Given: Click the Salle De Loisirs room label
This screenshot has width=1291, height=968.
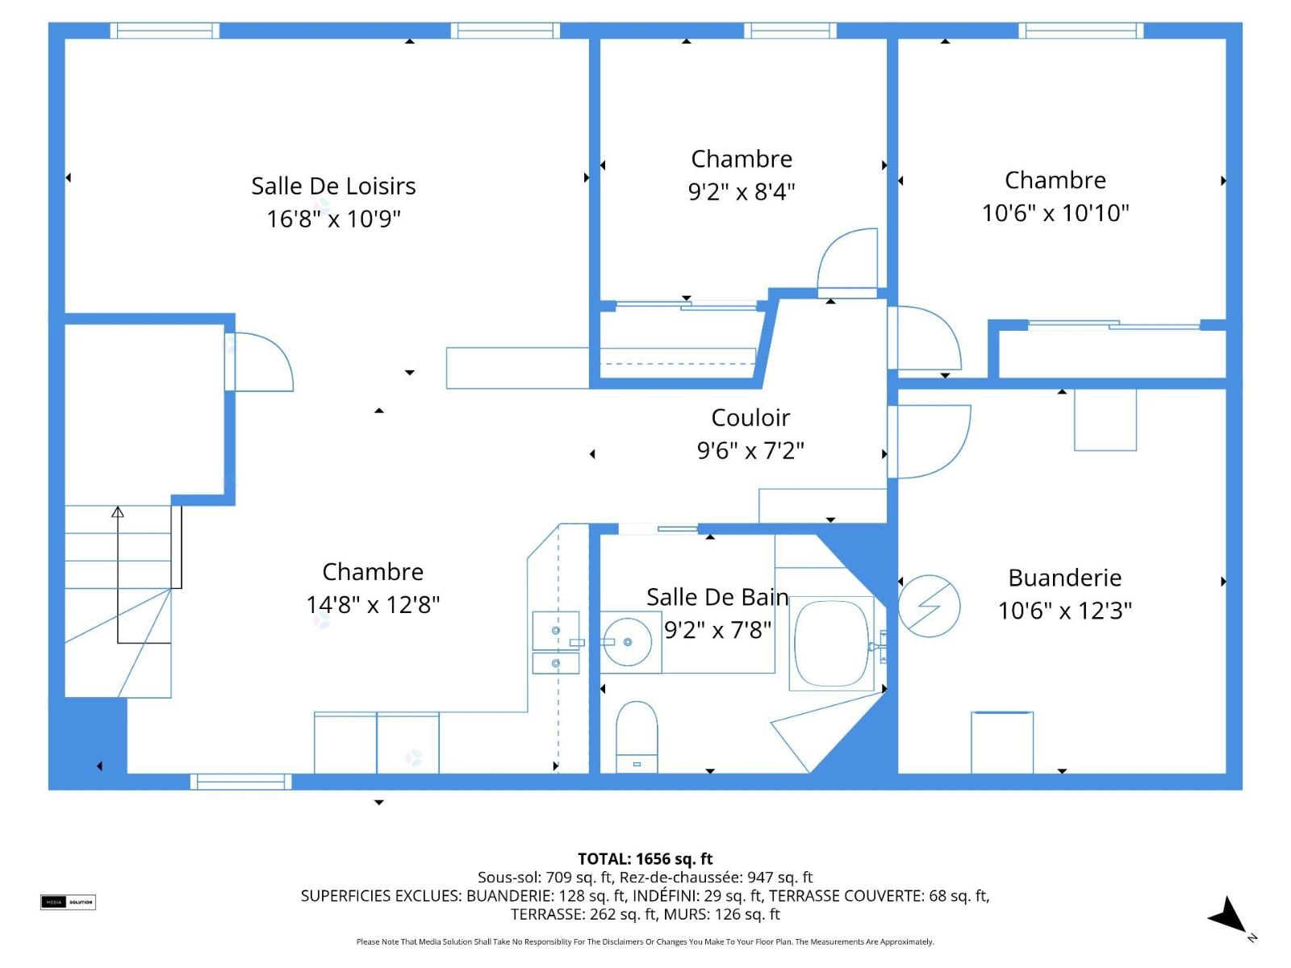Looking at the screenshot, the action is (333, 186).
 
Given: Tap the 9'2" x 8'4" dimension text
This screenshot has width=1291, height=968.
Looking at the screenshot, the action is (741, 192).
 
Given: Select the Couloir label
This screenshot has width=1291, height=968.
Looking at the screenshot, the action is (750, 417).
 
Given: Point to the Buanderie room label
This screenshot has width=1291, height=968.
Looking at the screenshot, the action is (1064, 577).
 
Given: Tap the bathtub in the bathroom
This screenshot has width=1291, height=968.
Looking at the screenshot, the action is (831, 643).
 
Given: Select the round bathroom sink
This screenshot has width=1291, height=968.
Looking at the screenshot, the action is (627, 642).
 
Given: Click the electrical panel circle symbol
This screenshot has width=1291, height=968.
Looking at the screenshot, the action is (928, 605).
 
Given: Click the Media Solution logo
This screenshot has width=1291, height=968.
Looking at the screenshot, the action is (68, 902).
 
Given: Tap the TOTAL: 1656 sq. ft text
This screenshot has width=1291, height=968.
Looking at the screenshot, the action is (645, 858).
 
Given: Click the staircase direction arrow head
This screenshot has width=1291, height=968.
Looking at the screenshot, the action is (118, 511).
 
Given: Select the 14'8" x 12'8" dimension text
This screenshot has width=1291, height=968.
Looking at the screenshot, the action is (372, 604).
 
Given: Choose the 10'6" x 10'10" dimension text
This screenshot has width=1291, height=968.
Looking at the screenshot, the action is (1055, 213).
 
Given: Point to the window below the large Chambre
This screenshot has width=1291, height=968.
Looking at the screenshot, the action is (240, 781).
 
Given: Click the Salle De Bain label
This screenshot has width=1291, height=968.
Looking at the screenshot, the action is (717, 597).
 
